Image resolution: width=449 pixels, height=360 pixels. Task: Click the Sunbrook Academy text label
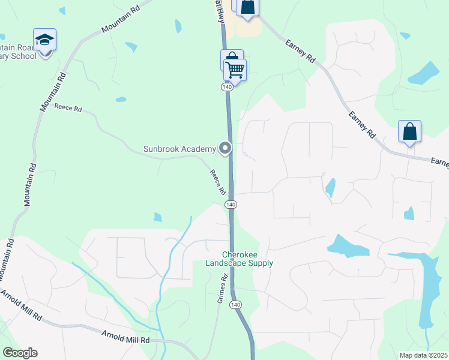[179, 149]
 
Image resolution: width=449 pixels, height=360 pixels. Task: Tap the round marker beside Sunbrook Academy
[226, 148]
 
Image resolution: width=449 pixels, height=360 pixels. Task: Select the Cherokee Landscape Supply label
[239, 259]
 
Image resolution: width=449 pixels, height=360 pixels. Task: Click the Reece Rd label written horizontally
[67, 108]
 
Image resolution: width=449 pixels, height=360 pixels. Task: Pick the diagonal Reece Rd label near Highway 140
[217, 182]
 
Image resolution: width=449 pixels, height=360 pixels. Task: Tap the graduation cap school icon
[45, 40]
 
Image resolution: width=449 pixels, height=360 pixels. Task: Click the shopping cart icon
[235, 70]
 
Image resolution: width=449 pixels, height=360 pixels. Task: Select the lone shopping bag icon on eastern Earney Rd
[409, 132]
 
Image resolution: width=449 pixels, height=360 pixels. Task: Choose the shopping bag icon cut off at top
[247, 7]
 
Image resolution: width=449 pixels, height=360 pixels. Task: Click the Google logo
[20, 353]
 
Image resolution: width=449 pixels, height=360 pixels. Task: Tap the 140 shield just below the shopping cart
[227, 88]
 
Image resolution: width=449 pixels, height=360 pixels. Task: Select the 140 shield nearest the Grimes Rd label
[236, 305]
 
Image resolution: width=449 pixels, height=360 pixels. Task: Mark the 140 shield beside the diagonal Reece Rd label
[231, 205]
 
